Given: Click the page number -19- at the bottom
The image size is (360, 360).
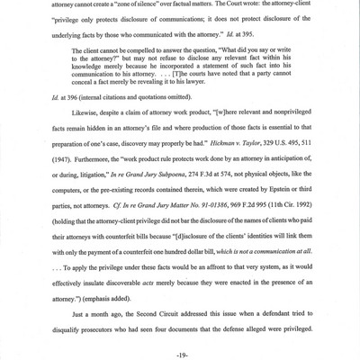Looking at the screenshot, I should coord(179,346).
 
